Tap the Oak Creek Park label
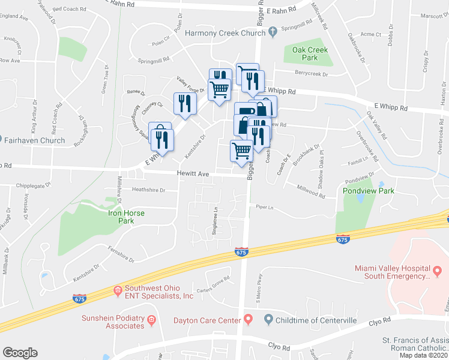[x=309, y=55]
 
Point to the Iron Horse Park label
[x=128, y=217]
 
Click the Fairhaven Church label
[x=34, y=140]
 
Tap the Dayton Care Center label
[x=206, y=321]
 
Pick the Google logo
[x=20, y=353]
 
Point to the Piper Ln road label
[x=264, y=208]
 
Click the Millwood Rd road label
[x=311, y=191]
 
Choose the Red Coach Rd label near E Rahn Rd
[x=70, y=10]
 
